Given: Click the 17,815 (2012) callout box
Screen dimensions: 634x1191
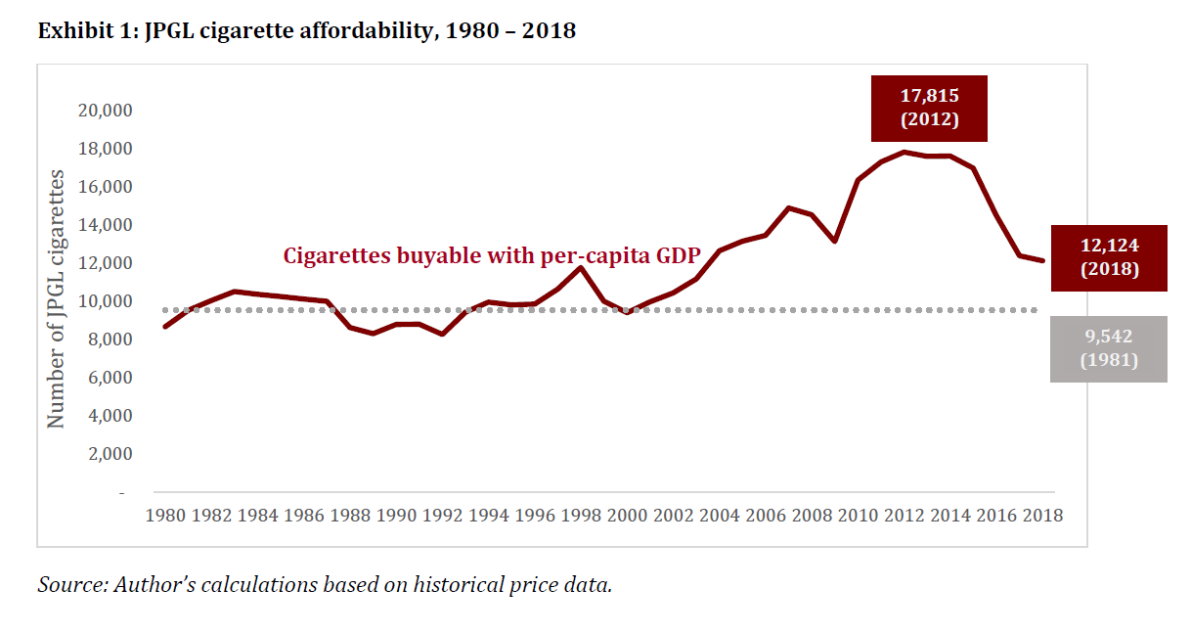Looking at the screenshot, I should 929,109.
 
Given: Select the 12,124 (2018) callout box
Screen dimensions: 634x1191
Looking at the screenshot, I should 1109,257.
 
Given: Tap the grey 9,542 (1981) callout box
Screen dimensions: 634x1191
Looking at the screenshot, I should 1109,349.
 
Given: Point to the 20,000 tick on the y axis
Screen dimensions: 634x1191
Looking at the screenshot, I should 105,111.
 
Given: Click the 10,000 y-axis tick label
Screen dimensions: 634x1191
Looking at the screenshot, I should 105,301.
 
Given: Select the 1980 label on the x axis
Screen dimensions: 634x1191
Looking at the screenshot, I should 166,515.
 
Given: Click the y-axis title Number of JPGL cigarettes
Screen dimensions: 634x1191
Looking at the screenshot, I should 57,298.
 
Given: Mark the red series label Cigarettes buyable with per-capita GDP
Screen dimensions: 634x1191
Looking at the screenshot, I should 492,256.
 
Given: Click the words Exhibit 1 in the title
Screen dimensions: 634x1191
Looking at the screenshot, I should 85,31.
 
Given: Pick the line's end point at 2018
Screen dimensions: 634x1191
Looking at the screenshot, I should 1041,261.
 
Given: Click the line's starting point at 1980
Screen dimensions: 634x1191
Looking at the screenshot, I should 164,327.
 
